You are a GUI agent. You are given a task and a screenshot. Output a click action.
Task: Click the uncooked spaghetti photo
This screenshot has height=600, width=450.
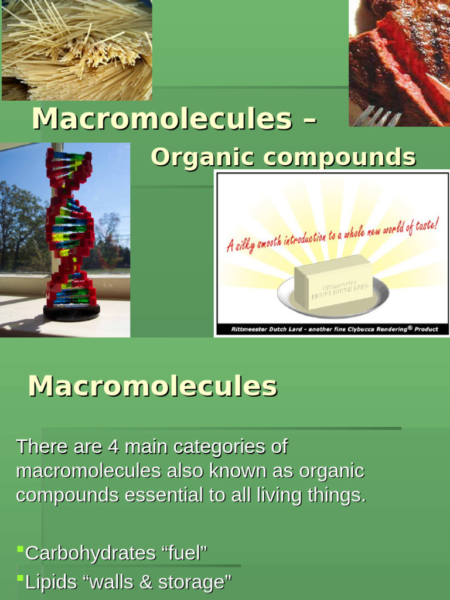coord(76,50)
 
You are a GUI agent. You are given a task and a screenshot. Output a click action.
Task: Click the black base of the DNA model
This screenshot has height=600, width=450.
coord(71,312)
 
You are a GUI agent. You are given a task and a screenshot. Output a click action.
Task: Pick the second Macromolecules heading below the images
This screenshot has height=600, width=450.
coord(152,386)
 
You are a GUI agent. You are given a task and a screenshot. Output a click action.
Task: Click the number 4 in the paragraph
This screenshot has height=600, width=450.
coord(114,446)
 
